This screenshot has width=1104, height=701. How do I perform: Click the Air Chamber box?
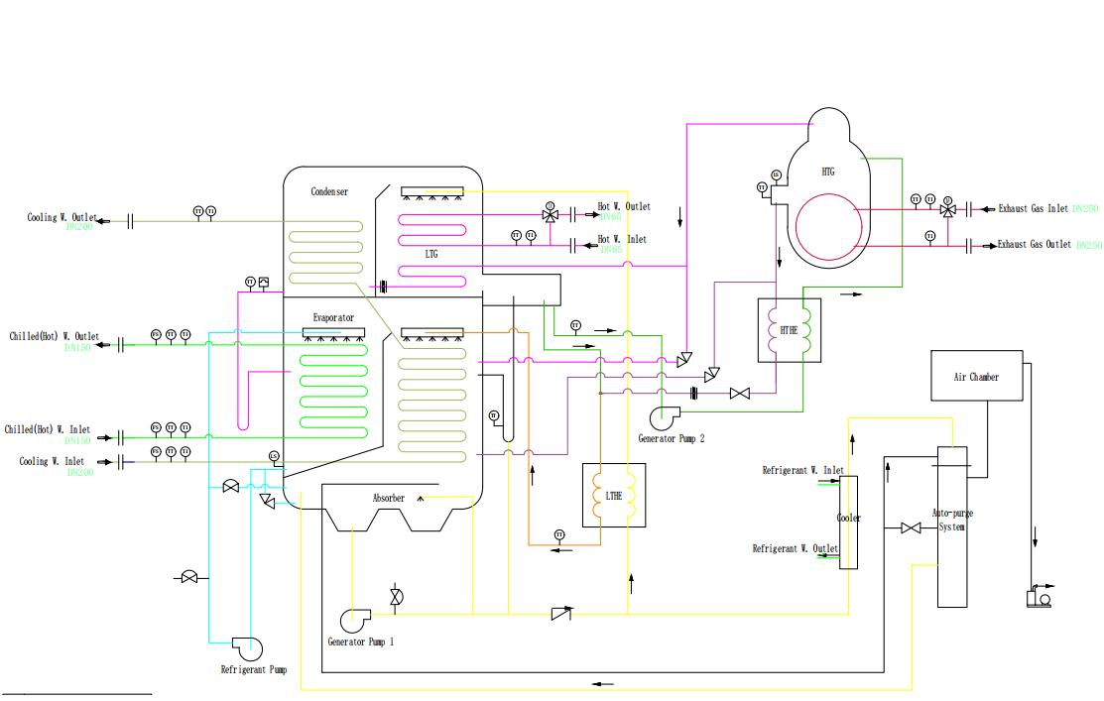[x=976, y=376]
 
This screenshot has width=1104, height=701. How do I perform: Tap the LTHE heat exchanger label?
[x=614, y=496]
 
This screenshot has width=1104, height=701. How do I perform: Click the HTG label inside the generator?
[x=828, y=172]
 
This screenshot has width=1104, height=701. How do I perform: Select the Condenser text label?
[x=329, y=191]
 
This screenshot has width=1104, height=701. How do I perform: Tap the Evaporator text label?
[x=333, y=318]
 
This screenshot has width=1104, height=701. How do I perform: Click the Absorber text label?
[x=388, y=498]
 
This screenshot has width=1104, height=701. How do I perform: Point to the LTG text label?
[x=430, y=255]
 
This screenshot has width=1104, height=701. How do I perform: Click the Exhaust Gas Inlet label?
[x=1034, y=208]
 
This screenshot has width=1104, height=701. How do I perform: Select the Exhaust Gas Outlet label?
[x=1035, y=244]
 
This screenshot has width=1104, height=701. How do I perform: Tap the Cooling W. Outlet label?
[x=62, y=218]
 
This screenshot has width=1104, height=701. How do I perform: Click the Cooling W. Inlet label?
[x=52, y=461]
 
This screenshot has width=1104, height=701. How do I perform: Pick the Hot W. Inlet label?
[x=622, y=240]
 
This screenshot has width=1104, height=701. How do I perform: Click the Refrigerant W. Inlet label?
[x=802, y=470]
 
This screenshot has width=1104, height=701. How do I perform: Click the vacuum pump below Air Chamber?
[x=1040, y=597]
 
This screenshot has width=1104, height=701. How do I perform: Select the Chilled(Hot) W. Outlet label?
[x=55, y=337]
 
